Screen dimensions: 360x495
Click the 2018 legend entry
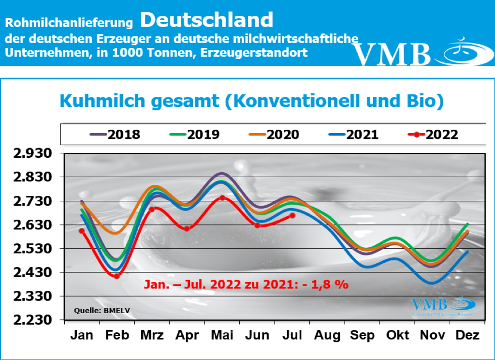pos(115,134)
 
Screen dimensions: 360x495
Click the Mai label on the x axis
pos(222,335)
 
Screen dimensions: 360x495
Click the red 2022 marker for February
pos(116,276)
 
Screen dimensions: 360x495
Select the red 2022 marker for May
pos(222,197)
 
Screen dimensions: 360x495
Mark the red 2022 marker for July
pos(292,216)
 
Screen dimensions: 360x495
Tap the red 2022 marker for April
pos(187,228)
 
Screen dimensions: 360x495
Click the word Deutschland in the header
pos(207,20)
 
